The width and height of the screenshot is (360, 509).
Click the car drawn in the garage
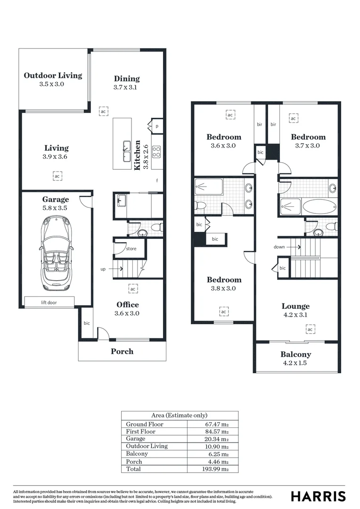[x=56, y=253]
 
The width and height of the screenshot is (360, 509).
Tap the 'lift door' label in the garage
[x=49, y=303]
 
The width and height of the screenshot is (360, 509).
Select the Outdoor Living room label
[x=53, y=75]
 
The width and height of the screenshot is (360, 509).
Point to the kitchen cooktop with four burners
[x=157, y=151]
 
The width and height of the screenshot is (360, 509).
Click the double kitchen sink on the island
[x=127, y=151]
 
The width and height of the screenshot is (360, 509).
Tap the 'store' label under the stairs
[x=131, y=248]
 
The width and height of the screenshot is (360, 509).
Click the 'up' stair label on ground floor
[x=103, y=269]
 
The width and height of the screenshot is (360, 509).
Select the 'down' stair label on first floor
[x=279, y=247]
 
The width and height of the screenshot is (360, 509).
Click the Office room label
[x=128, y=304]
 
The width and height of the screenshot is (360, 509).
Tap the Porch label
[x=122, y=351]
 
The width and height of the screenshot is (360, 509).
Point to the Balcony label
[x=296, y=354]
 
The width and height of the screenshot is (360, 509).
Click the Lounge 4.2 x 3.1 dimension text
[x=296, y=315]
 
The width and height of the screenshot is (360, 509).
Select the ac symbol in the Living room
[x=57, y=176]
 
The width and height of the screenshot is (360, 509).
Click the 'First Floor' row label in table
[x=140, y=431]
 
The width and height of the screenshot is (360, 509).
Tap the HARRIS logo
[x=318, y=496]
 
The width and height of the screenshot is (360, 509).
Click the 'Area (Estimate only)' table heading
[x=180, y=415]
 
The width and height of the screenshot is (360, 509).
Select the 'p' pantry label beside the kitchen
[x=157, y=126]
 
